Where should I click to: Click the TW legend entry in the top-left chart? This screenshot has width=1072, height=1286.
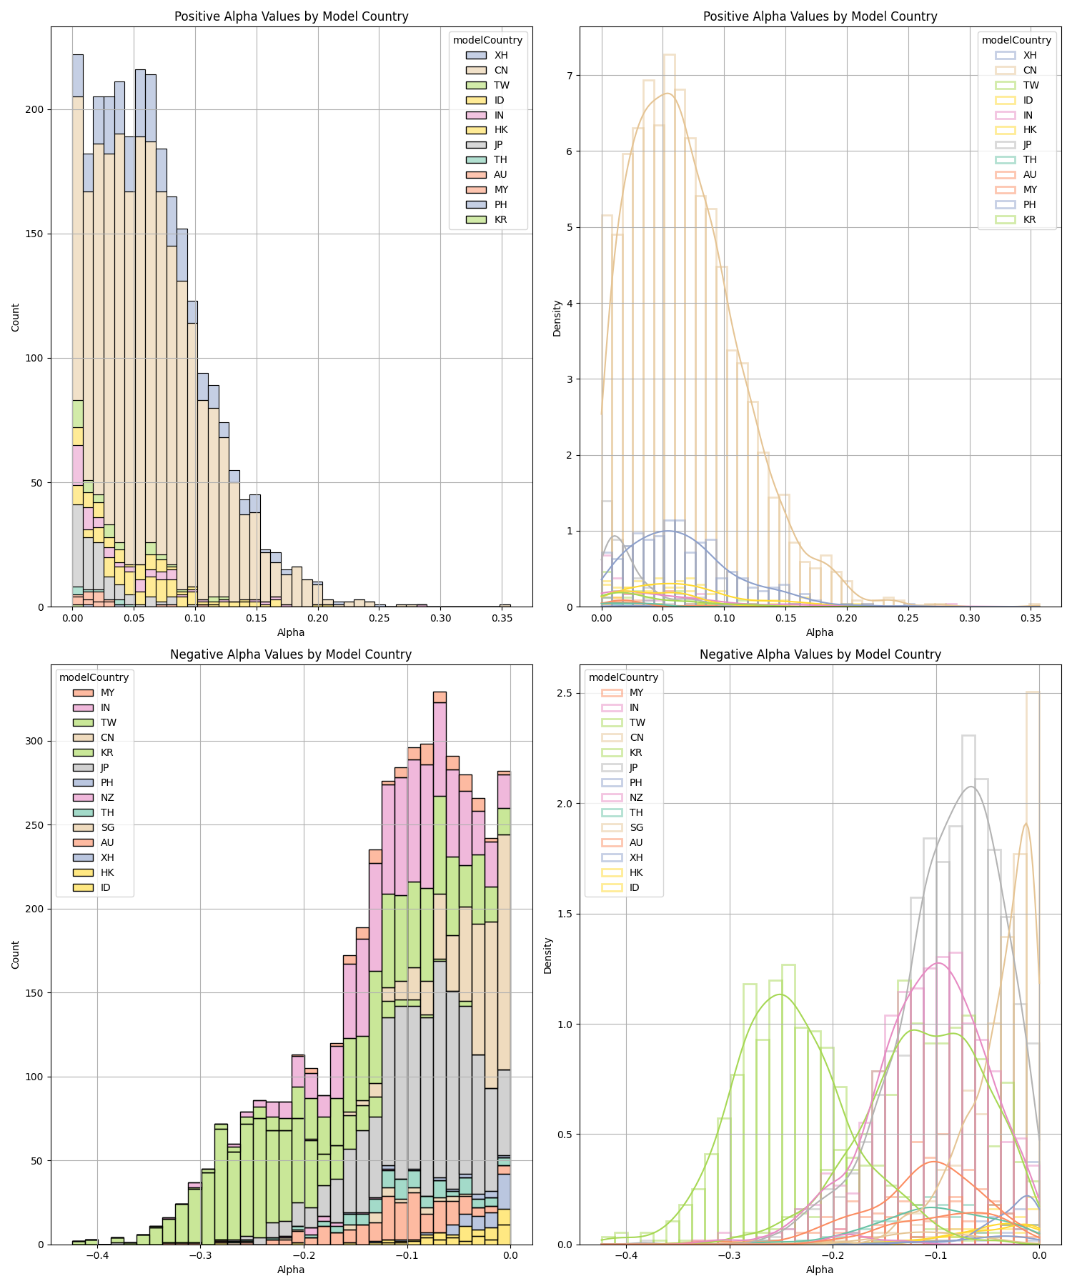click(x=501, y=85)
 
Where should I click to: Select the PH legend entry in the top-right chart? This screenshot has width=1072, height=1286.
click(x=1030, y=204)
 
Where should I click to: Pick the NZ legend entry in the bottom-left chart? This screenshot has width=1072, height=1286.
click(x=107, y=797)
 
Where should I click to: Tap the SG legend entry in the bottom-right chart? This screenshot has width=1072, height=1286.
click(x=636, y=827)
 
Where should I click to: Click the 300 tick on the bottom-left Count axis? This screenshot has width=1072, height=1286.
click(x=35, y=741)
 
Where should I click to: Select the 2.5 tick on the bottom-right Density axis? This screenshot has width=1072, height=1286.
click(x=564, y=694)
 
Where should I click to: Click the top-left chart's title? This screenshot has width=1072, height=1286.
click(x=291, y=16)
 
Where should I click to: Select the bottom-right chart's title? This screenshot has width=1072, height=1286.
click(x=820, y=654)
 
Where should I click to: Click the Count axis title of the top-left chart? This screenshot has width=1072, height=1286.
click(x=16, y=317)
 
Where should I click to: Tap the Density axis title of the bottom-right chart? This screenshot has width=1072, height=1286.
click(x=548, y=955)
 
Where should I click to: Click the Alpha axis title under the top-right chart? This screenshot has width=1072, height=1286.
click(x=820, y=632)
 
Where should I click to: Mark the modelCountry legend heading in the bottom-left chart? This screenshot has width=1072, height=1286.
click(x=94, y=677)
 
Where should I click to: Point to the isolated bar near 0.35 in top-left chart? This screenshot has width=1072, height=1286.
click(x=505, y=605)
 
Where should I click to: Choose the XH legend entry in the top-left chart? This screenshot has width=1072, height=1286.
click(x=501, y=55)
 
